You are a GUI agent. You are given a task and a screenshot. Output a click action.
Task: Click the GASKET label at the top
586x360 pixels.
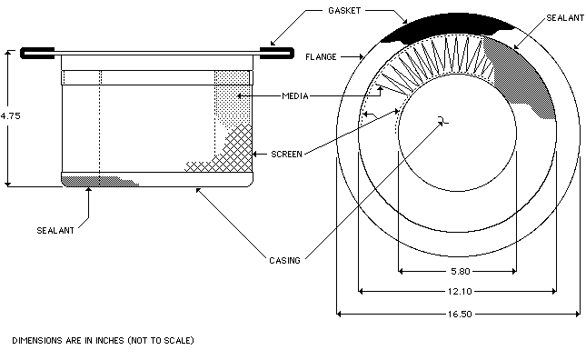(344, 11)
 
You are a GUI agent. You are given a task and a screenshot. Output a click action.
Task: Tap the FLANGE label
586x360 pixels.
(321, 57)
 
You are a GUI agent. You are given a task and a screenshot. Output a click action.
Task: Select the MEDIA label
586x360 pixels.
(295, 96)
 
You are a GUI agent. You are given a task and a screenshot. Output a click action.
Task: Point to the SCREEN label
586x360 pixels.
(287, 154)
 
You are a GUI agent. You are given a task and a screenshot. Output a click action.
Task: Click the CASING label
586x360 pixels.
(284, 260)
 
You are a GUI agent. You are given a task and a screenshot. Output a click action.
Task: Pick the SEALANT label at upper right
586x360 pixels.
(565, 18)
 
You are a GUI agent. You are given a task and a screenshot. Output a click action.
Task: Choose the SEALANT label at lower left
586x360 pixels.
(55, 230)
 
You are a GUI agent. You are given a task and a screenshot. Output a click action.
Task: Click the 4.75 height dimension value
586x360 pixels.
(11, 115)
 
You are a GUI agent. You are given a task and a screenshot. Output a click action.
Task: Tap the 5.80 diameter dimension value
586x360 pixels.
(461, 272)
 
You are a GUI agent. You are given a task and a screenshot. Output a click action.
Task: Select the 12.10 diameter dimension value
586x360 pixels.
(460, 291)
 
